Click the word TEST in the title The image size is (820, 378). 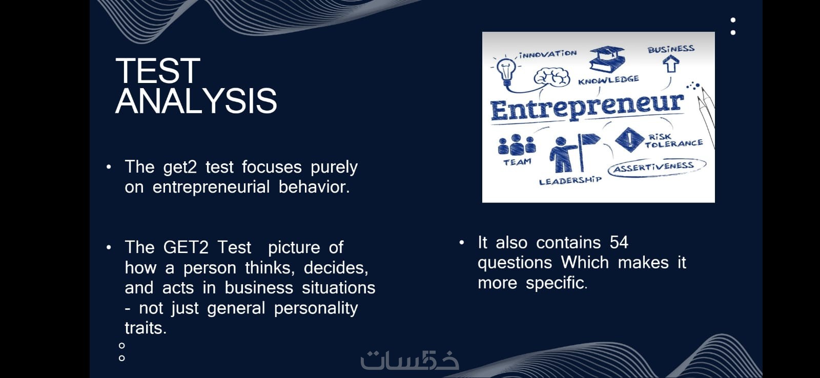tap(158, 71)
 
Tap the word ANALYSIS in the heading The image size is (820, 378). tap(196, 101)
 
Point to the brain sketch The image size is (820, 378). tap(551, 77)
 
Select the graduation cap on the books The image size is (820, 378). tap(607, 58)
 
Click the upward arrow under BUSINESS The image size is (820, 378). tap(671, 64)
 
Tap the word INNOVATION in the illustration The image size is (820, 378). tap(548, 54)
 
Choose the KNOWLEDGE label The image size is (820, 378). tap(608, 80)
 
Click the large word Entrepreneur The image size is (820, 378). tap(587, 107)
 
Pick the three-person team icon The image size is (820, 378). tap(517, 144)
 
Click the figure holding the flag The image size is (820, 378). tap(573, 153)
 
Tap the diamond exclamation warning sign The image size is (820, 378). tap(630, 139)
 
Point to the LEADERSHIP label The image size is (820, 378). tap(570, 180)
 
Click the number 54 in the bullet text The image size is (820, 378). tap(619, 243)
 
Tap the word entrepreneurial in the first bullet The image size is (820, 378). tap(211, 187)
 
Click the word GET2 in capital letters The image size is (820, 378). tap(186, 247)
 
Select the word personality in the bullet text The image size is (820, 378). tap(316, 308)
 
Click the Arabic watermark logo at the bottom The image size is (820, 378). tap(409, 361)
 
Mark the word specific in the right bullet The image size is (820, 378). tap(557, 283)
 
